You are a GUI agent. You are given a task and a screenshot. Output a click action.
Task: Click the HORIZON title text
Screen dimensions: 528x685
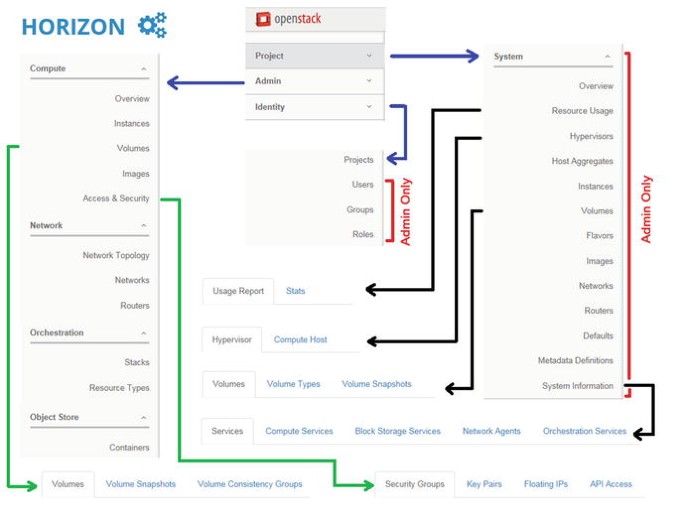point(73,27)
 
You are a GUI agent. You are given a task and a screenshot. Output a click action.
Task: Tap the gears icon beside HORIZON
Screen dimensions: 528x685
point(152,26)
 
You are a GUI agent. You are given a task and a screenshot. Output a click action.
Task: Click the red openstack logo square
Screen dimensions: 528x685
point(263,19)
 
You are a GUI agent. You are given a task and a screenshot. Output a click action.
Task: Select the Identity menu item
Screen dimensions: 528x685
point(270,107)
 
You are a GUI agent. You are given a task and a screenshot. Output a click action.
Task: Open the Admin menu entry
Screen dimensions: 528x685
point(268,81)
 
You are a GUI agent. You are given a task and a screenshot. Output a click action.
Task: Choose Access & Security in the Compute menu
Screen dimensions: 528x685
point(116,198)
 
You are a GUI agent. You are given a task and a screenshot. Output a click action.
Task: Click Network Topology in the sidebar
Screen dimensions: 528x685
point(116,255)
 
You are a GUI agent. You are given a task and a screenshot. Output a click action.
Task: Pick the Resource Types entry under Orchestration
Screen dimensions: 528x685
point(119,387)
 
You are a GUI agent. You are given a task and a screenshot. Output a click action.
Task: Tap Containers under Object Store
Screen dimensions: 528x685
point(129,447)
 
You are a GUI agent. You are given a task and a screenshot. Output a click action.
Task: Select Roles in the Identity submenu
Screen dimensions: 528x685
point(362,234)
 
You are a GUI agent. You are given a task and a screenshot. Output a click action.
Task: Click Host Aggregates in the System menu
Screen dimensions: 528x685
point(582,161)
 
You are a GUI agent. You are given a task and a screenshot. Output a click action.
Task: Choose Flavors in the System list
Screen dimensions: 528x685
point(600,236)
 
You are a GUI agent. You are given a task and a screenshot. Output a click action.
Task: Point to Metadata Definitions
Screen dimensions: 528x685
point(575,360)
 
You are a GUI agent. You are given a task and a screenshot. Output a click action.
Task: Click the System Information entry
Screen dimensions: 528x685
point(577,385)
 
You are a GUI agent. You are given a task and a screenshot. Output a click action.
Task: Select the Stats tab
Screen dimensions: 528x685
point(295,291)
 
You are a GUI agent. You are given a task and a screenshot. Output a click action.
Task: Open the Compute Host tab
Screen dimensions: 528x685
point(300,339)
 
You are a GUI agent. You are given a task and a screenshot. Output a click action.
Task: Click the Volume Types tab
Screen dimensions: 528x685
point(293,384)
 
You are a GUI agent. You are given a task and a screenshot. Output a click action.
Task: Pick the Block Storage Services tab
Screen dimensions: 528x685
point(397,431)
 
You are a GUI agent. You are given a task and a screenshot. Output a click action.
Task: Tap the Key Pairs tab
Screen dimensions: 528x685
point(484,484)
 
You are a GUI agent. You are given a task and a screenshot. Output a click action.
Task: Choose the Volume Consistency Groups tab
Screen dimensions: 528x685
point(249,484)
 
